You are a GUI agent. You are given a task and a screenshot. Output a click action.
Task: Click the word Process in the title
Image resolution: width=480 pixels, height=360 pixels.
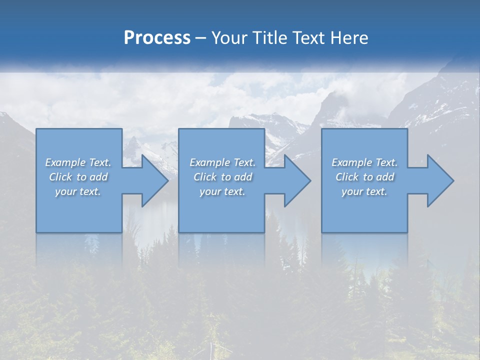click(x=157, y=38)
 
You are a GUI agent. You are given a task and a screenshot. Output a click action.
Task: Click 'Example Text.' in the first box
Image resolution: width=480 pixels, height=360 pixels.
click(x=78, y=162)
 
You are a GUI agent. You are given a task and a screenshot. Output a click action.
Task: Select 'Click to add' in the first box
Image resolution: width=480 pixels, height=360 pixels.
click(x=78, y=177)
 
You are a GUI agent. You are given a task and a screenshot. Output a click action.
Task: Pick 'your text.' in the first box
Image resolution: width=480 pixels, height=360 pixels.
click(x=78, y=191)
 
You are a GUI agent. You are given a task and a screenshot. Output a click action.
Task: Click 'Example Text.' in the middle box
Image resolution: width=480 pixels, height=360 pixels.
click(x=222, y=162)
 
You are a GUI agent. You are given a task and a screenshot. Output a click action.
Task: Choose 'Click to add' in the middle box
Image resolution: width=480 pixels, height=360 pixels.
click(x=222, y=177)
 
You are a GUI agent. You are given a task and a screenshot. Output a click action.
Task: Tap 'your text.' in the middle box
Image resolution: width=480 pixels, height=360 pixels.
click(x=222, y=191)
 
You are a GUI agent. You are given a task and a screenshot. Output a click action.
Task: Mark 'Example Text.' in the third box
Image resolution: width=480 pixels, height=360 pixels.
click(x=364, y=162)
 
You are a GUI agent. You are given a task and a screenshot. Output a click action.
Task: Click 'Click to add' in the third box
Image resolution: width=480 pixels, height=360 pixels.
click(x=364, y=177)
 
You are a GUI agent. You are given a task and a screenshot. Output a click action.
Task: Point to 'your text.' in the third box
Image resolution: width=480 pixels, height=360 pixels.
click(x=364, y=191)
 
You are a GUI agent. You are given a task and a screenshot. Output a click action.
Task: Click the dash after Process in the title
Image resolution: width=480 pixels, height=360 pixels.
click(x=201, y=38)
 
